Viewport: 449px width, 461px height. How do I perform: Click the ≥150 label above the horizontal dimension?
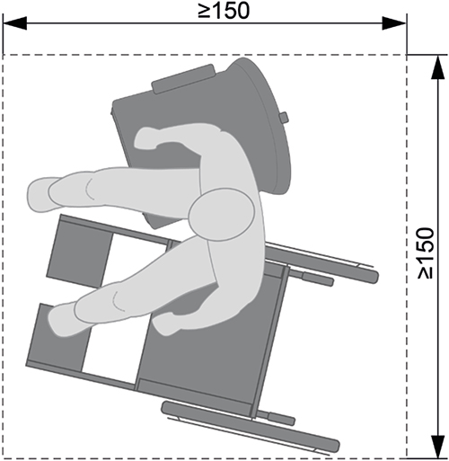click(x=224, y=11)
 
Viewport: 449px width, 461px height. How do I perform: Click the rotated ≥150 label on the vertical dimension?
click(x=426, y=253)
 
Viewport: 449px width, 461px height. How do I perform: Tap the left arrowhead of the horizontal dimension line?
click(x=15, y=23)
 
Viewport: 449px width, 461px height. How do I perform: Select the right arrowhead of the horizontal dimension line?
click(x=394, y=23)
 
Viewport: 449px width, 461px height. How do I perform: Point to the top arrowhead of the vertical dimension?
click(x=438, y=67)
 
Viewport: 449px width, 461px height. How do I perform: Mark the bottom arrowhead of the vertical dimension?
click(x=438, y=447)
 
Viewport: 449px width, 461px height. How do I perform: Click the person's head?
click(x=222, y=215)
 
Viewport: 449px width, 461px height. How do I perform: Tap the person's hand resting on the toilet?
click(x=146, y=137)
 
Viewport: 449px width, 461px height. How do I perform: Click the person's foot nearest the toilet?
click(x=42, y=195)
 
